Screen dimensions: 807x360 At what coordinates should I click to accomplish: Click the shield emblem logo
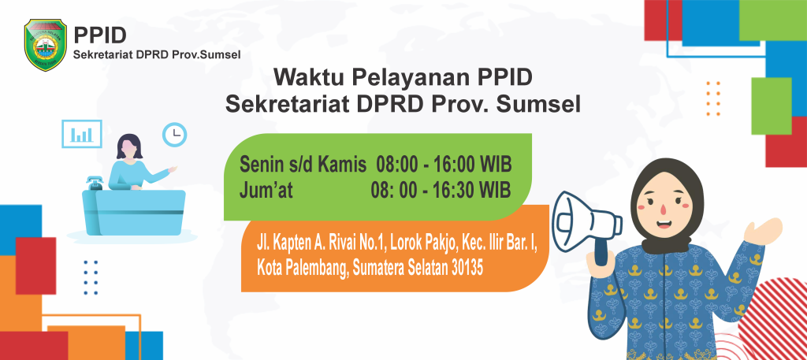46,45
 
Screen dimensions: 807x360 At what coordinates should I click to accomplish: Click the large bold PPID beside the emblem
100,36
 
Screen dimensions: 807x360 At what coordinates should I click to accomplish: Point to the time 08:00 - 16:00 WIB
444,165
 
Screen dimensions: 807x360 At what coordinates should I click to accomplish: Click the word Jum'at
266,191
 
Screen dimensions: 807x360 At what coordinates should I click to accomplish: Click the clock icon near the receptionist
174,135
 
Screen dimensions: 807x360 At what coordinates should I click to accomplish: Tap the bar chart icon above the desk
82,134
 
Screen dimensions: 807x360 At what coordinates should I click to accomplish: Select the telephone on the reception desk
95,183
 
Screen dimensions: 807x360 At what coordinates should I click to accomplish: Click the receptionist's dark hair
129,146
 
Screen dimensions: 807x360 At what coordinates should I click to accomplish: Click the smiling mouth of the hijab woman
663,224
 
